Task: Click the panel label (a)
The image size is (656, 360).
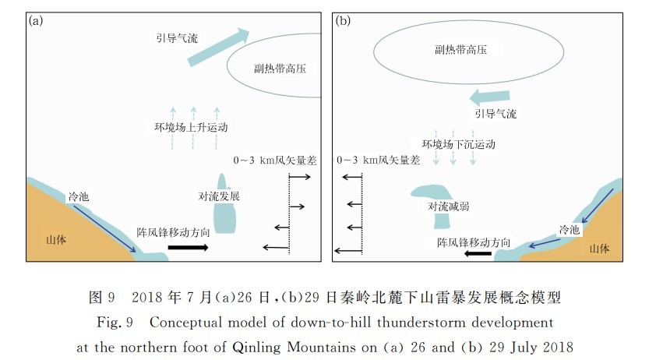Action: [36, 21]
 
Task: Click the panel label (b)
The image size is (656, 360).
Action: [343, 21]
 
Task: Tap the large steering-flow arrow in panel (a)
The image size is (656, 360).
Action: [218, 47]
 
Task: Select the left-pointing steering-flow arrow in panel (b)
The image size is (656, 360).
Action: [489, 97]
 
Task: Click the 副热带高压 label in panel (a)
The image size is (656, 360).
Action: [280, 69]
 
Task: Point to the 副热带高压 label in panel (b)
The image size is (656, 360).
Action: [460, 50]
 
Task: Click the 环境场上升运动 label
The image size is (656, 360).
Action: [191, 127]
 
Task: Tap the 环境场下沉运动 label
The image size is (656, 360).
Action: [459, 144]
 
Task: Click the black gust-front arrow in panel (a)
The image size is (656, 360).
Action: [188, 247]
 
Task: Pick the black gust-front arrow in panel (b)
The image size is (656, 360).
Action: [478, 253]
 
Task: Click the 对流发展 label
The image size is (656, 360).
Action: [219, 196]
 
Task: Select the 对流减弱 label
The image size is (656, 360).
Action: [449, 206]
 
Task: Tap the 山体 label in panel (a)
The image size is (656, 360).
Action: [56, 240]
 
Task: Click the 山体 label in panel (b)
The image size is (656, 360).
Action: [599, 249]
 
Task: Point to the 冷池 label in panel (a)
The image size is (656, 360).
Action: [79, 196]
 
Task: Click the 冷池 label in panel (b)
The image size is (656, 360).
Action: [570, 229]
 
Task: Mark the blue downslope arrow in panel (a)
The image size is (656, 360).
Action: [104, 228]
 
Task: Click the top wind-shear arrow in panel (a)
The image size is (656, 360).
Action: [299, 177]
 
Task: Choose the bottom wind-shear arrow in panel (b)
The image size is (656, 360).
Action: [348, 251]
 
